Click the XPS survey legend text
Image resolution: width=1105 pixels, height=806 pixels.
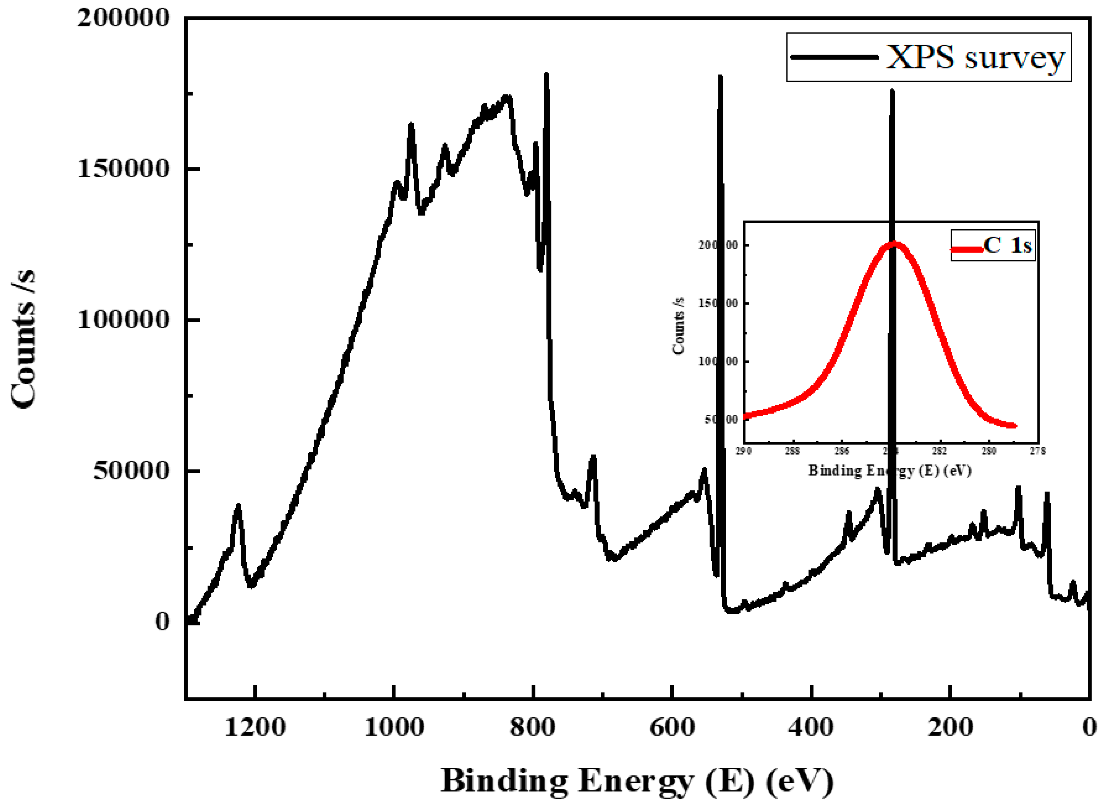click(974, 58)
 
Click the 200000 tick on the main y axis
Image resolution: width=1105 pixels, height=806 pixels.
click(123, 18)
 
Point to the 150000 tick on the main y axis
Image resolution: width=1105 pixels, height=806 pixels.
click(123, 169)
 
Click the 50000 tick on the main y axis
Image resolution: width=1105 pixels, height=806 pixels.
click(131, 471)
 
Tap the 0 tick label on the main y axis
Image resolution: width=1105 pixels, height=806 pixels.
click(162, 622)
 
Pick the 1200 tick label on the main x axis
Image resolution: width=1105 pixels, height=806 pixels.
click(255, 727)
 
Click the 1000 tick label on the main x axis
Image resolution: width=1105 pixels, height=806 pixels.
click(394, 727)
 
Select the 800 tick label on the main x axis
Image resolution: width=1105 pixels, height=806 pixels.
click(533, 727)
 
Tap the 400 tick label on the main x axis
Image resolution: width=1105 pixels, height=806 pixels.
click(811, 727)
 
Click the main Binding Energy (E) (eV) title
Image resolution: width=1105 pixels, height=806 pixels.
click(637, 781)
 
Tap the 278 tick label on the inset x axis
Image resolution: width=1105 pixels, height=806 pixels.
click(1038, 451)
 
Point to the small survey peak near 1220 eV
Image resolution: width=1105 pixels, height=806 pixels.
click(237, 507)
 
